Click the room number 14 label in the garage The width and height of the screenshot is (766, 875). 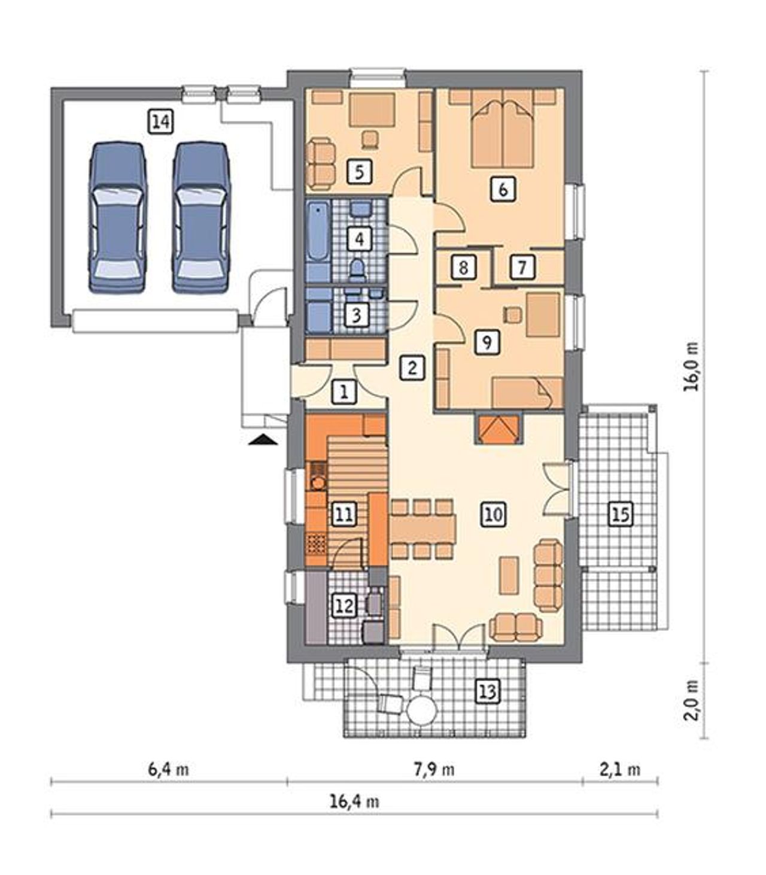[x=161, y=122]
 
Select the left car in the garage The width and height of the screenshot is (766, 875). [x=117, y=218]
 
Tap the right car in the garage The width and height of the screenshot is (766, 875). [x=202, y=218]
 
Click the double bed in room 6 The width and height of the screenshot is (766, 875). [x=503, y=128]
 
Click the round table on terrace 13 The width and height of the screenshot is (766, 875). [x=422, y=711]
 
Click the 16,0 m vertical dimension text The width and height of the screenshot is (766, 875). [x=691, y=366]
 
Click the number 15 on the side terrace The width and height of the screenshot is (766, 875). [x=621, y=514]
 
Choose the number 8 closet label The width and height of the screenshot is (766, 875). [x=463, y=268]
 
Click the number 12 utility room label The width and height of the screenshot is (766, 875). [x=345, y=606]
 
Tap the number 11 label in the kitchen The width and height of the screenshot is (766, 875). [x=345, y=514]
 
